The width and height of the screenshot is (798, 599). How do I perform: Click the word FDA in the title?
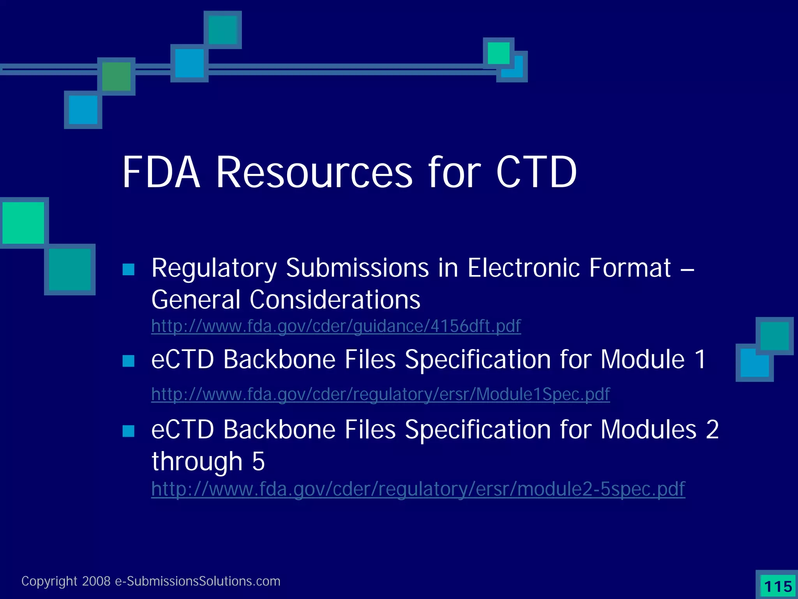point(161,172)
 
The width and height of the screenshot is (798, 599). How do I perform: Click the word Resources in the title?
point(314,172)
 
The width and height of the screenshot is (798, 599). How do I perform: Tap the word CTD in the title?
point(536,172)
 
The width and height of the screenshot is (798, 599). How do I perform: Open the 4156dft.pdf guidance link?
point(336,326)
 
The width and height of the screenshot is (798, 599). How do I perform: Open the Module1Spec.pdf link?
point(380,394)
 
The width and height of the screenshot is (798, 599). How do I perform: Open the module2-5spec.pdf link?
point(418,489)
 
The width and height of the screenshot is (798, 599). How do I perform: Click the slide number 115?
point(778,587)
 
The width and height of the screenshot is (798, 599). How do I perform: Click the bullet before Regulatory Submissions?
point(128,269)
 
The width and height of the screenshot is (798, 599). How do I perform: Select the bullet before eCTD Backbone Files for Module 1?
point(128,361)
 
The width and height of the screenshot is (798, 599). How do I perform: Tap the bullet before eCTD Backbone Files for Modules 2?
point(128,431)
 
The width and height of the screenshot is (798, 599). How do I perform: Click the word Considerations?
point(335,299)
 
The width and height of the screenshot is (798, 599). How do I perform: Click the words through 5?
point(208,461)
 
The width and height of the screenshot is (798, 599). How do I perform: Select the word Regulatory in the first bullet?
point(214,269)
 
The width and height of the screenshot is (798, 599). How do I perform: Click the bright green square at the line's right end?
point(498,53)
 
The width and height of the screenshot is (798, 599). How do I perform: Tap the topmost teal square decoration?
point(222,30)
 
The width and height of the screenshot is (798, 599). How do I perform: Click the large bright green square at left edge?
point(23,223)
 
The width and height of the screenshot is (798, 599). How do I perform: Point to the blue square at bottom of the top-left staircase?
point(83,110)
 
